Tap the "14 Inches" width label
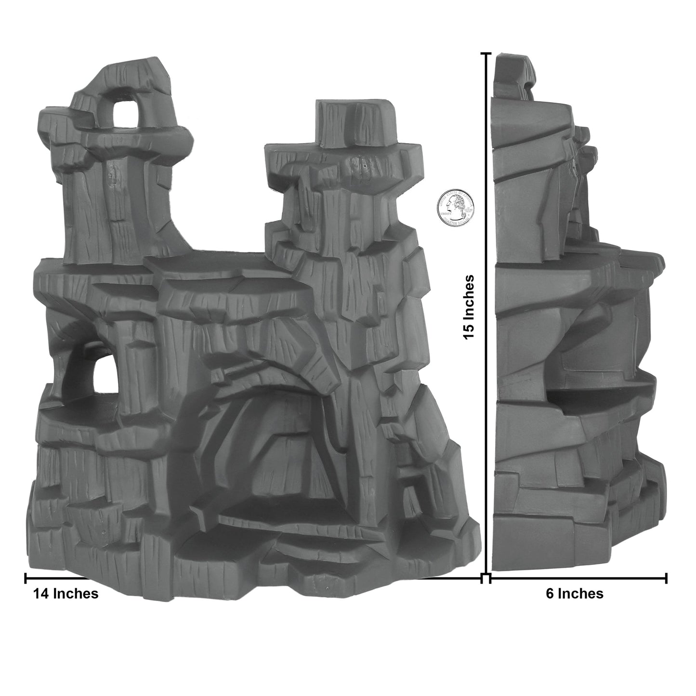66,593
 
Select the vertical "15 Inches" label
469,307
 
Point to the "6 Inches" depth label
574,593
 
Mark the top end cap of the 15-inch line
486,54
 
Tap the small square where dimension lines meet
486,578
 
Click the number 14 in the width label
41,593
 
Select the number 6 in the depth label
550,593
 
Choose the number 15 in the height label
469,332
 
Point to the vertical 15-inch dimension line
486,385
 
